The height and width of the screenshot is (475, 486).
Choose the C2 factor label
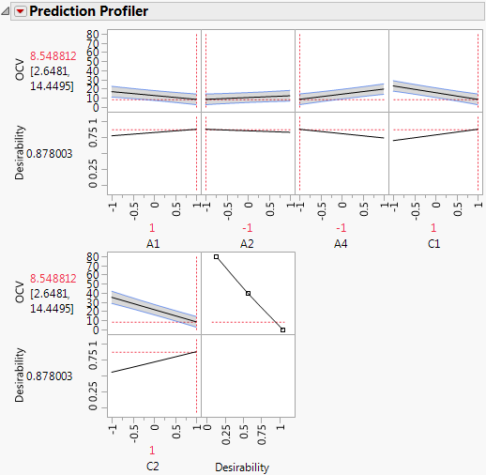(153, 466)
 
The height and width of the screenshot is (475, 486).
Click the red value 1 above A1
(153, 227)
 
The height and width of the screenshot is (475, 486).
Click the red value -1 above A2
(248, 227)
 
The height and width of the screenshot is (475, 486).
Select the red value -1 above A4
(342, 227)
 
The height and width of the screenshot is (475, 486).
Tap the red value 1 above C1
(434, 227)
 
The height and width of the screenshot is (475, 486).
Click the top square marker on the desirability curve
(217, 256)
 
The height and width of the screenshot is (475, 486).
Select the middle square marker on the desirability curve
(249, 293)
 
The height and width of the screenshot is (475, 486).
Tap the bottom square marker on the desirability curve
(282, 329)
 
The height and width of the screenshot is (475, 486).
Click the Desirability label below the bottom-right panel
(242, 466)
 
